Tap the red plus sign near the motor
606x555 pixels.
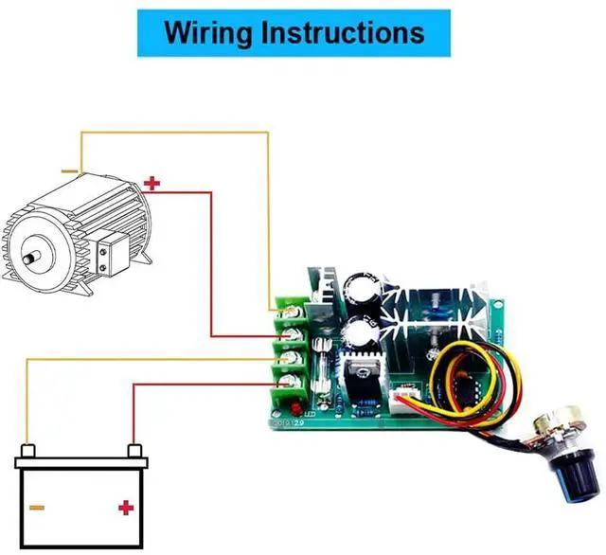click(x=152, y=183)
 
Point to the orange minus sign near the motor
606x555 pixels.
click(x=70, y=171)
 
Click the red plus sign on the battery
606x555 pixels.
click(x=125, y=509)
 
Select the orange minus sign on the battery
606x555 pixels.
click(x=37, y=509)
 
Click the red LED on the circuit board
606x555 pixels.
click(x=282, y=408)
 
